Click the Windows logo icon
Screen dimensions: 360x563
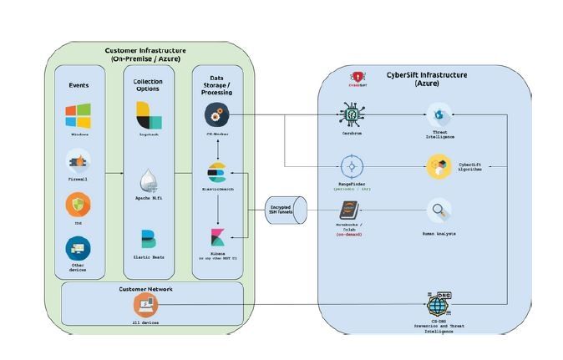(79, 115)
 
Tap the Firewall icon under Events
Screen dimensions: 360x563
(79, 160)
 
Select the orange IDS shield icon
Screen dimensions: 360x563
(79, 205)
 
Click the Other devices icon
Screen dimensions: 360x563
(79, 248)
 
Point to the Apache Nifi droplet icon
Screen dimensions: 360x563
(149, 180)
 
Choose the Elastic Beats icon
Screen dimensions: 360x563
(149, 239)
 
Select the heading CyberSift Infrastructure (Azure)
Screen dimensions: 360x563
(426, 79)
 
